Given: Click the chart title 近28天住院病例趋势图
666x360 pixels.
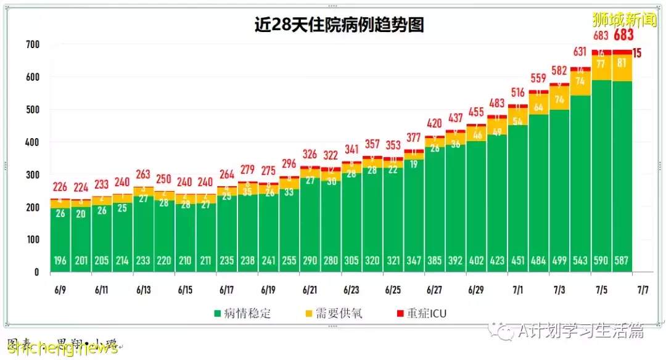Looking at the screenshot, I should pos(339,25).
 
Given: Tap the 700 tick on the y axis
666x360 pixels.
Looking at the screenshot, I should pos(32,45).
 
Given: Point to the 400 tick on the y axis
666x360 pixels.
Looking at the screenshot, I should pos(32,142).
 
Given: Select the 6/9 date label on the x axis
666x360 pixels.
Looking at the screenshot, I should pos(60,289).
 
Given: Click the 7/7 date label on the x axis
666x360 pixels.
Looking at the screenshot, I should pos(643,289).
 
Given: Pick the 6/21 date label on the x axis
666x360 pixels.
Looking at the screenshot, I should pos(310,289).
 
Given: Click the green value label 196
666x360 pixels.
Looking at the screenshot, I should pos(60,261).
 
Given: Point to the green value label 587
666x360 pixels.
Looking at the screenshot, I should pos(622,261).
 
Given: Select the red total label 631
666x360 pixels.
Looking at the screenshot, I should pos(580,51).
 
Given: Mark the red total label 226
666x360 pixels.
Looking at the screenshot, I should pos(60,187).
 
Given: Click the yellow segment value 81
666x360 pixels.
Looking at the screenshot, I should pos(622,63).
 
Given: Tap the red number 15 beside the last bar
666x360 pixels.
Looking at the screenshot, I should pos(637,53).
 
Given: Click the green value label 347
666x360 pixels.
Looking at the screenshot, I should pos(414,261).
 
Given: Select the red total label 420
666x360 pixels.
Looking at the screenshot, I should pos(435,123).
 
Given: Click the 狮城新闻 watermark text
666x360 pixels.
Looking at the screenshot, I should pos(624,19).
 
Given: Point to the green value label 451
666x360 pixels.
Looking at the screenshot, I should pos(518,261).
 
